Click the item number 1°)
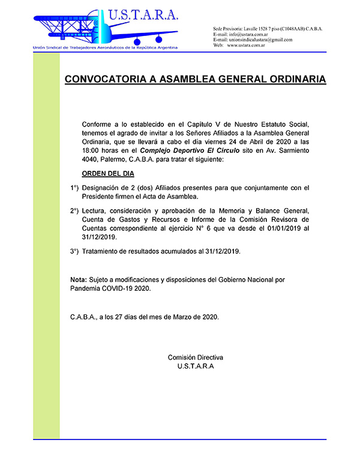74,188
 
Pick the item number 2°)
74,212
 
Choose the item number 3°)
74,251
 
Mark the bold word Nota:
78,280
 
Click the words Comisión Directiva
195,357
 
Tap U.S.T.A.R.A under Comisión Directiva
195,366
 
